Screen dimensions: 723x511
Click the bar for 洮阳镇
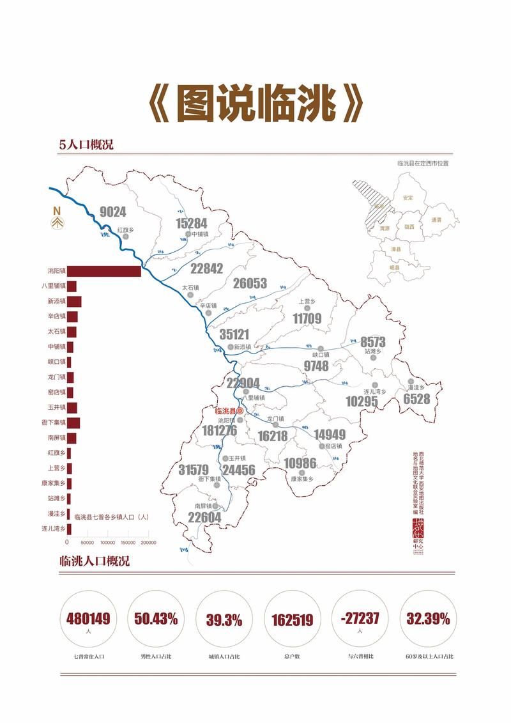pyautogui.click(x=104, y=271)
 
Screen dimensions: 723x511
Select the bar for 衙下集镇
pyautogui.click(x=74, y=423)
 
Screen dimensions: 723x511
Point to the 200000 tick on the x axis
pyautogui.click(x=148, y=542)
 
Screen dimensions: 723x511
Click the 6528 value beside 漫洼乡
pyautogui.click(x=416, y=400)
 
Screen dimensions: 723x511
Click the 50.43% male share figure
pyautogui.click(x=156, y=619)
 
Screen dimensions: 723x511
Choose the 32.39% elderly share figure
pyautogui.click(x=428, y=619)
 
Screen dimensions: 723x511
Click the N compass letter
pyautogui.click(x=56, y=211)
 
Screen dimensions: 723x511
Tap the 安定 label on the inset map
pyautogui.click(x=408, y=198)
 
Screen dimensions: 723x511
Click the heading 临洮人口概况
pyautogui.click(x=94, y=561)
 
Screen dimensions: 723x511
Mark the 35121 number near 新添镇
pyautogui.click(x=234, y=334)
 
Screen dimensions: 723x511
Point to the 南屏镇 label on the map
pyautogui.click(x=204, y=506)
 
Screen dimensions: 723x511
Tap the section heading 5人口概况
pyautogui.click(x=86, y=144)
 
